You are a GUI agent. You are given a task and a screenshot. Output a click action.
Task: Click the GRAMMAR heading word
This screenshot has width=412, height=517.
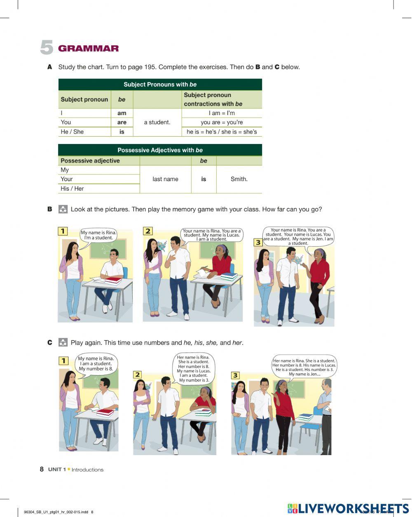pos(88,49)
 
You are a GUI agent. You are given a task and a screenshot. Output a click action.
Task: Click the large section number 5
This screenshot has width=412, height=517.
pos(47,48)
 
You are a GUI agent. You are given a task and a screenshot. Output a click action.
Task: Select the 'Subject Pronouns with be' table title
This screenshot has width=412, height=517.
pos(160,85)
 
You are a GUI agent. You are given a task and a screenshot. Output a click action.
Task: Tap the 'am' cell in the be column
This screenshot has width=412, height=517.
pos(122,113)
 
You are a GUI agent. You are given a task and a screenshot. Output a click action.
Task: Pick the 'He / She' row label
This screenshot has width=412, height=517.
pos(72,132)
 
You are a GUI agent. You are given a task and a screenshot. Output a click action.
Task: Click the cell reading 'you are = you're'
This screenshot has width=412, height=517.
pos(222,122)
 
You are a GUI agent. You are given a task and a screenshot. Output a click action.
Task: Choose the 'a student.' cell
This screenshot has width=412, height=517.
pos(157,122)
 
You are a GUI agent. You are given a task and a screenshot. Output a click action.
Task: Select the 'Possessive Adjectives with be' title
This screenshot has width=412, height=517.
pos(160,150)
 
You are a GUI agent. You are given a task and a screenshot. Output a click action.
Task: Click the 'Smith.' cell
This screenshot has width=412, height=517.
pos(239,179)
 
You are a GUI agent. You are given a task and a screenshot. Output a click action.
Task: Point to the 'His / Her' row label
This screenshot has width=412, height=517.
pos(72,189)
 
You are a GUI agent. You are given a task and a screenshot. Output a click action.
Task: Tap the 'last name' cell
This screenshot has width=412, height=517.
pos(165,179)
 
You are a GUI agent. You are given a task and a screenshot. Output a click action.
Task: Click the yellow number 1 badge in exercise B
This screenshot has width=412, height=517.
pos(63,231)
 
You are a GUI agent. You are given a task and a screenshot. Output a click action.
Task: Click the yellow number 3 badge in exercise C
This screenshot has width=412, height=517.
pos(235,375)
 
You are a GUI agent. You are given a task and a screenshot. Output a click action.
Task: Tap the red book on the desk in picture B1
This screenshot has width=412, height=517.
pos(113,281)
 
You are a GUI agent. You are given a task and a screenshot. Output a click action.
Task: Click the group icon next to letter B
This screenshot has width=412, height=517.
pos(63,209)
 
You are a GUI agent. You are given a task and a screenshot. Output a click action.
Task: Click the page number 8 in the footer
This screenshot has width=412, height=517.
pos(42,469)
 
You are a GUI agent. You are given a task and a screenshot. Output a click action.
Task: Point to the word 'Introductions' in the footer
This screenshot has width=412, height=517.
pos(87,470)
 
